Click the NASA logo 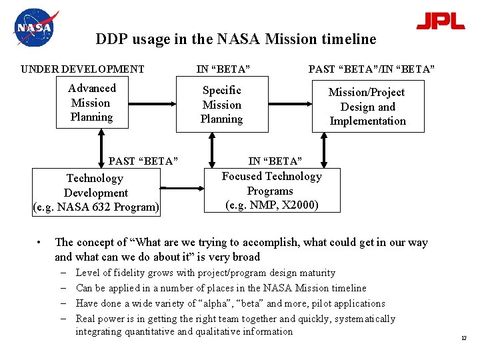point(35,28)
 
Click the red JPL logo point(440,21)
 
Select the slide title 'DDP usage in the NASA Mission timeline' point(236,39)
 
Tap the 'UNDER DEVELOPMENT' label point(83,69)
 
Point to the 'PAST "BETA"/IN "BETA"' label point(371,69)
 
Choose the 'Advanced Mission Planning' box point(92,103)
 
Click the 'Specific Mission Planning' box point(222,105)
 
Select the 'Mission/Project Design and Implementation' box point(367,107)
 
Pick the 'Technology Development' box point(96,193)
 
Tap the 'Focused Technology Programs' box point(271,191)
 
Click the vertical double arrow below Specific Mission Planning point(212,150)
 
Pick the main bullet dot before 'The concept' point(41,243)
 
